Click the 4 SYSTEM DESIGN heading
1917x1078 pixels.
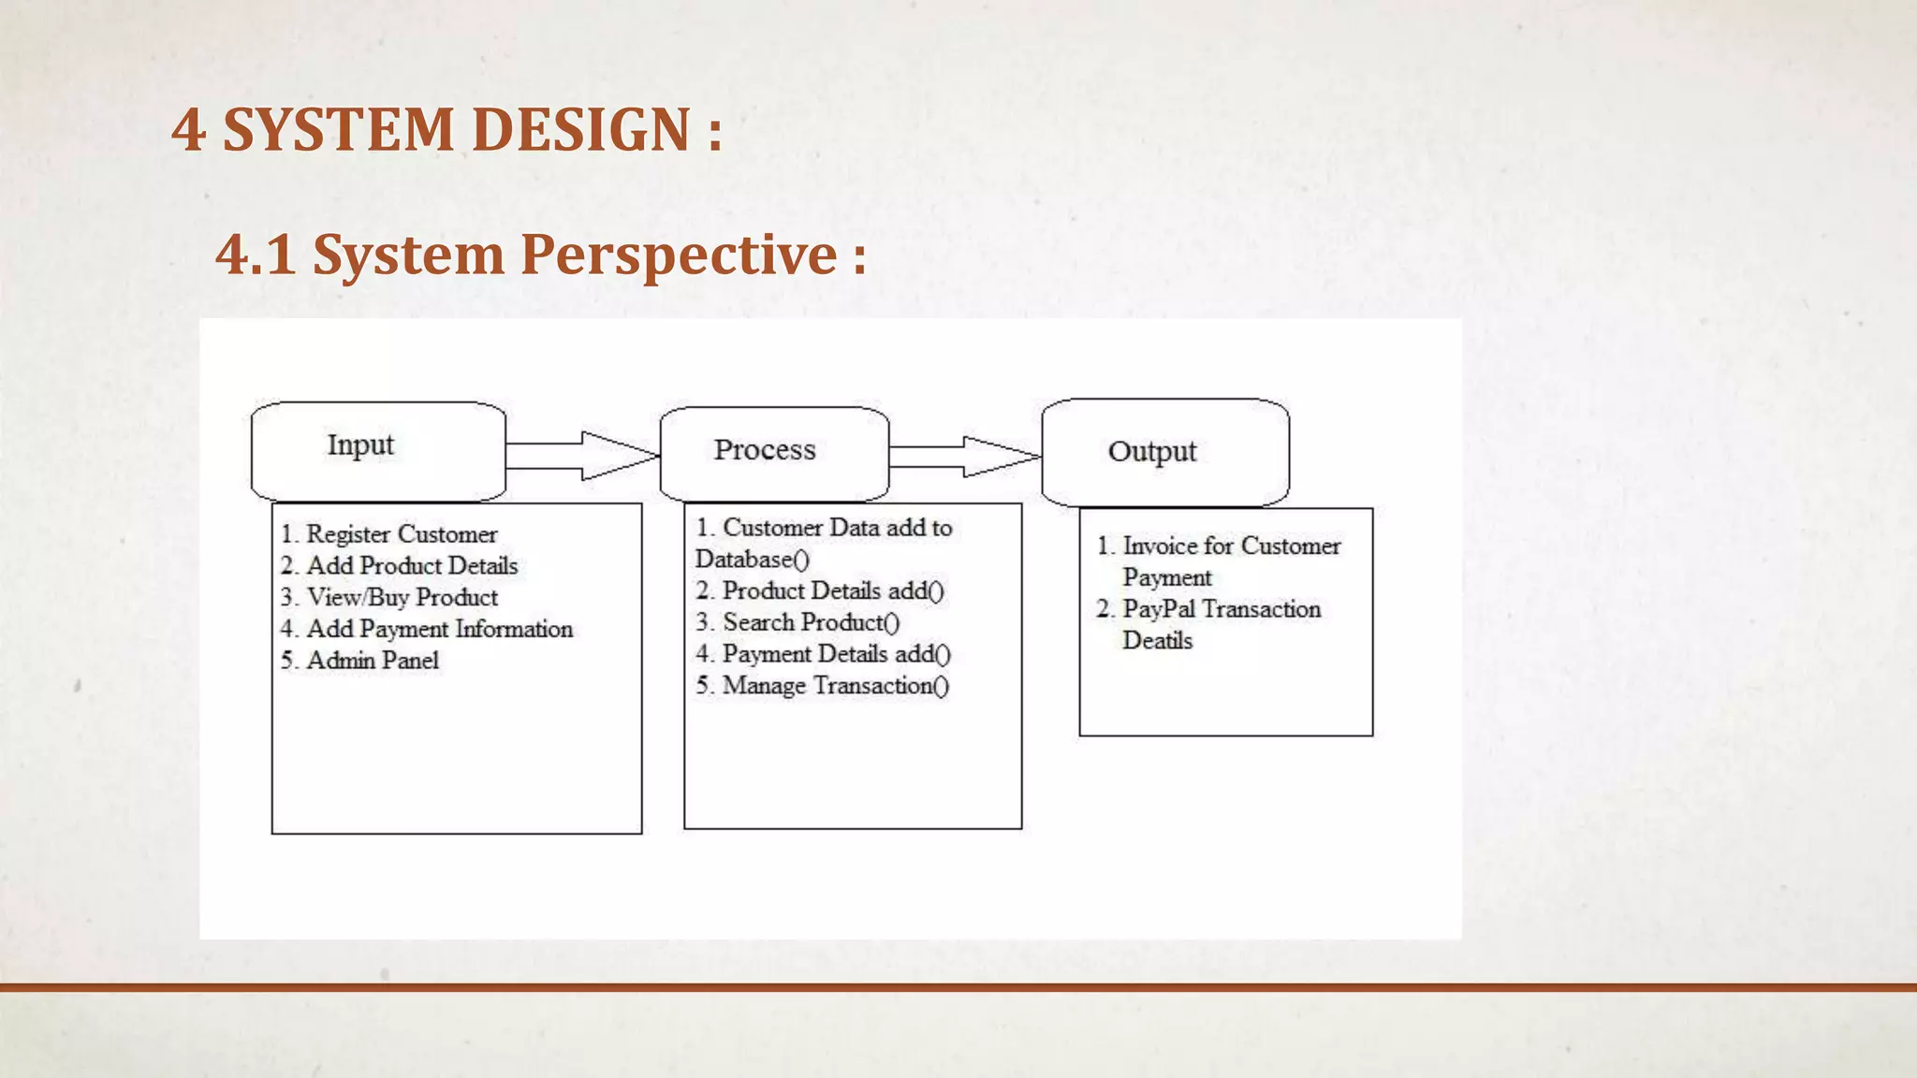[x=446, y=129]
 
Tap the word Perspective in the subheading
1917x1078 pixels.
[x=678, y=255]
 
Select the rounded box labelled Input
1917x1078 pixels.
[x=378, y=451]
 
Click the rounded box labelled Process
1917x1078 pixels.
[x=773, y=454]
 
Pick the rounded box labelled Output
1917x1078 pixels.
[x=1164, y=453]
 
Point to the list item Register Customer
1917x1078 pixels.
[x=401, y=534]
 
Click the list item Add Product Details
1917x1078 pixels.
[x=411, y=566]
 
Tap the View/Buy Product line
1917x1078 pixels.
[x=402, y=597]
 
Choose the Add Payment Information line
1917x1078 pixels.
[x=438, y=629]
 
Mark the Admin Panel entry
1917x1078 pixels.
[x=372, y=661]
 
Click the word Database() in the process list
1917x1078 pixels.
[x=752, y=560]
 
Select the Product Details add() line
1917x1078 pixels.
[x=832, y=591]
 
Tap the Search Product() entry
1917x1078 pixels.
[x=811, y=622]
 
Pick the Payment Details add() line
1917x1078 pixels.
[x=835, y=654]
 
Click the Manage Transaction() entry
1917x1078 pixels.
[x=835, y=686]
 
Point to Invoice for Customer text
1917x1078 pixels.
[x=1231, y=546]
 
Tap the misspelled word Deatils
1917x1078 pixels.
[x=1157, y=641]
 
